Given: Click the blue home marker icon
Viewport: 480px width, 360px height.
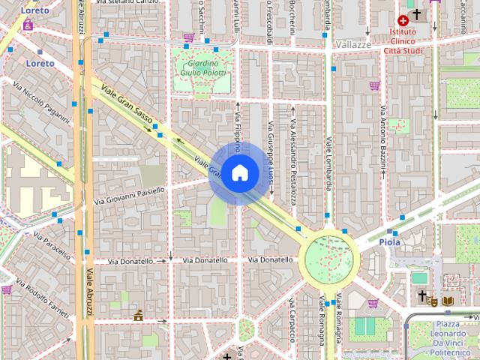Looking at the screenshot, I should click(x=239, y=173).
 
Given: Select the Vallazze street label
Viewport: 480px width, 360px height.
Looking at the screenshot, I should click(x=354, y=45).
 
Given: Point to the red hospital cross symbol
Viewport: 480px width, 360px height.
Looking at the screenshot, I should click(x=403, y=21).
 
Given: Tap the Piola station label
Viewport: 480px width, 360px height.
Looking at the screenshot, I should click(x=391, y=242).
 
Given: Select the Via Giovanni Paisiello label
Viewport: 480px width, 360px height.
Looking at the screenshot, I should click(x=129, y=196).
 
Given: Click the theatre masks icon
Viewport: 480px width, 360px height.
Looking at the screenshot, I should click(x=433, y=301).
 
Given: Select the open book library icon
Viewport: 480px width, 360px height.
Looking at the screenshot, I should click(x=448, y=301).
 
